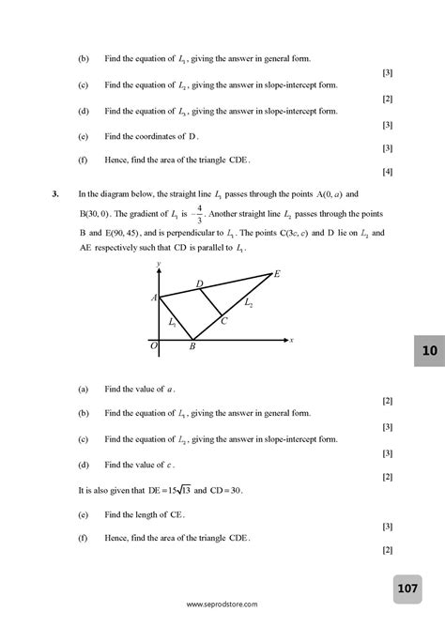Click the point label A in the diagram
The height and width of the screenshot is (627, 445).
(x=153, y=298)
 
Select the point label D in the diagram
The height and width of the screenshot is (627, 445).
(x=199, y=283)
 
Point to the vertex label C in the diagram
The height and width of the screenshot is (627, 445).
(x=223, y=321)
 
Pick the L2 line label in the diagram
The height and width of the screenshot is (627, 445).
(x=248, y=303)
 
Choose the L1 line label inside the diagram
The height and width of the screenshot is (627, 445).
(x=173, y=322)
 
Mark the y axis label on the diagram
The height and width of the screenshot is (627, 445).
(x=160, y=264)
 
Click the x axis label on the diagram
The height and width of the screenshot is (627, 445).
(x=292, y=340)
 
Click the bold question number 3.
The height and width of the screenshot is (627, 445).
(x=56, y=193)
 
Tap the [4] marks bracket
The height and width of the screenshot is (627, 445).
(x=387, y=172)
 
